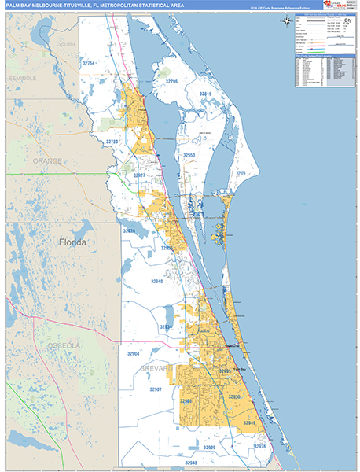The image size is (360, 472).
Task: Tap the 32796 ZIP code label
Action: [171, 82]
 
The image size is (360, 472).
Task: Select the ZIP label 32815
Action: [205, 94]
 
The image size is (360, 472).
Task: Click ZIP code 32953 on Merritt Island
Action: [189, 156]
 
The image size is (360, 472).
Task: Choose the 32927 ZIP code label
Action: [138, 175]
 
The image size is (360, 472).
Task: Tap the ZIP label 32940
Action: [156, 281]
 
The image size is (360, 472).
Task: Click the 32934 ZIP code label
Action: [166, 326]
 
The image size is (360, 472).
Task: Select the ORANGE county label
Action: [46, 160]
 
